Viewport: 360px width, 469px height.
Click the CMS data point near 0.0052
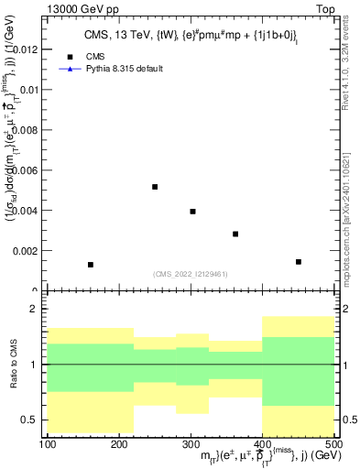tap(155, 187)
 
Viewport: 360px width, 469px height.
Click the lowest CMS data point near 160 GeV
tap(91, 265)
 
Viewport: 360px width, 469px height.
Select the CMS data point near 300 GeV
tap(192, 212)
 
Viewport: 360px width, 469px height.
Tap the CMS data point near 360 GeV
tap(235, 234)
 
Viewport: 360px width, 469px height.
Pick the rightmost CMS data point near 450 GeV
tap(299, 262)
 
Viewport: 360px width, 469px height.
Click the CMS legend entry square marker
tap(69, 56)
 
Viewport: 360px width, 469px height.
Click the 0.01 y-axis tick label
tap(28, 90)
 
